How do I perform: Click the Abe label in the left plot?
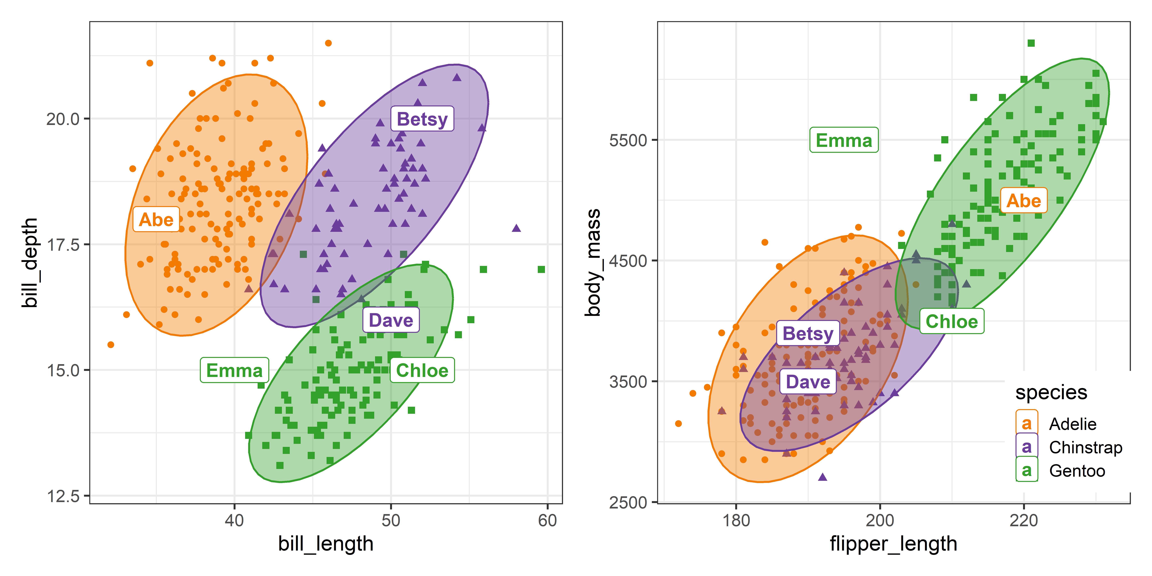click(156, 220)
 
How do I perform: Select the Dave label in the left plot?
click(391, 320)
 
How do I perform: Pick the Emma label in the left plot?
click(234, 370)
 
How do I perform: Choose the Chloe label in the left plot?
click(422, 370)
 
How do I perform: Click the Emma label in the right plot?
click(844, 140)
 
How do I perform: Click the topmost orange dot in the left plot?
click(328, 43)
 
